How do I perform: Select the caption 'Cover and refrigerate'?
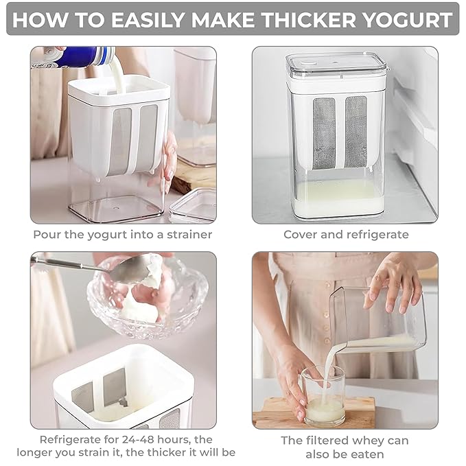point(345,235)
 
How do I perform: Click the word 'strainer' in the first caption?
point(186,235)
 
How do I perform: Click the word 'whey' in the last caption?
point(370,440)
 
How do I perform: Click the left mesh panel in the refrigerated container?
point(324,133)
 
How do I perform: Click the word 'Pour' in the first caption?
point(46,235)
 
